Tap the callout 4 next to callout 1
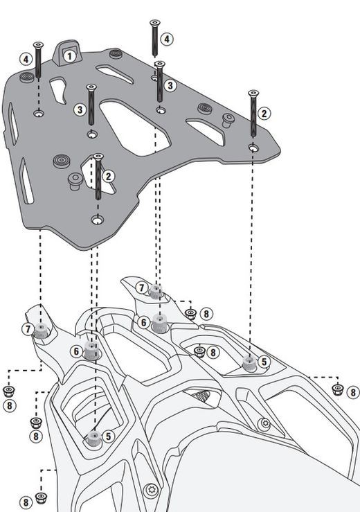26,60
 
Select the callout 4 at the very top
167,39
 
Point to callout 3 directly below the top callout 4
170,86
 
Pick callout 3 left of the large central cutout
80,109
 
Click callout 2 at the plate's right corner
264,113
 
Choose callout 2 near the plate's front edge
108,176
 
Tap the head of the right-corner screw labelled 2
253,93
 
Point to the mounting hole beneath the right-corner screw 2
253,148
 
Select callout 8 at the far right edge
353,391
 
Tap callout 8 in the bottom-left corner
26,502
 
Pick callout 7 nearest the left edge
27,329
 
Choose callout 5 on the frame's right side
263,362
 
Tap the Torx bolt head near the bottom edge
154,491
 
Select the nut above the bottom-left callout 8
41,497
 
